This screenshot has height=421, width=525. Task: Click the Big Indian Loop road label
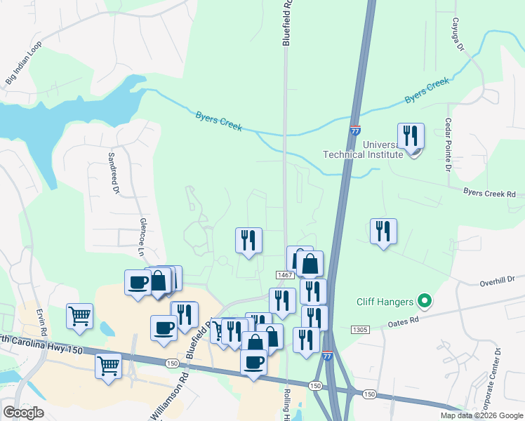pyautogui.click(x=24, y=64)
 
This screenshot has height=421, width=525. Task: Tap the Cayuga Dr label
pyautogui.click(x=458, y=34)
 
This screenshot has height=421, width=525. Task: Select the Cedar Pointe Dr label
pyautogui.click(x=447, y=143)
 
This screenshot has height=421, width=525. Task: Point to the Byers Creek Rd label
pyautogui.click(x=489, y=193)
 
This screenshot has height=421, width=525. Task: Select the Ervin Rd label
pyautogui.click(x=44, y=322)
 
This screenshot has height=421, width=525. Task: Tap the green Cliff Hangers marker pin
pyautogui.click(x=423, y=302)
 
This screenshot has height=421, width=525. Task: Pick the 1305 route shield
pyautogui.click(x=359, y=329)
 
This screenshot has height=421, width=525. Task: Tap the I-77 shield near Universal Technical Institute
pyautogui.click(x=355, y=130)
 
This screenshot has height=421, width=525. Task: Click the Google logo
pyautogui.click(x=23, y=413)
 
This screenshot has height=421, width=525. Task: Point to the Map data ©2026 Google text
pyautogui.click(x=481, y=415)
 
